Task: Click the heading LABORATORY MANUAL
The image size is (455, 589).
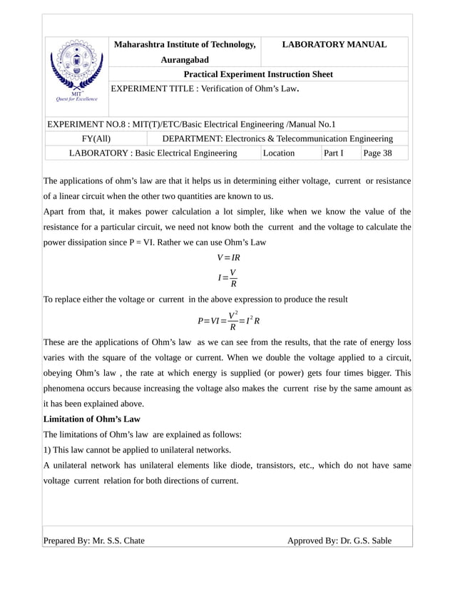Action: coord(334,45)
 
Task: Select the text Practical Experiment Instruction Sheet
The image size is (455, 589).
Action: coord(258,74)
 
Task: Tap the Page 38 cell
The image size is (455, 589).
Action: coord(377,153)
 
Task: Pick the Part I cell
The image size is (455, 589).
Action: coord(333,153)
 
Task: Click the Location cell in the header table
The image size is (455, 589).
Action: coord(279,153)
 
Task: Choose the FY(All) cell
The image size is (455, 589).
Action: coord(96,138)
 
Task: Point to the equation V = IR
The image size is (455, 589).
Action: coord(228,257)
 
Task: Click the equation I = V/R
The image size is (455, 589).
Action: coord(228,279)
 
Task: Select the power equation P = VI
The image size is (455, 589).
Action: coord(228,320)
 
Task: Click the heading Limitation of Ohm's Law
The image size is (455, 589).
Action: coord(92,419)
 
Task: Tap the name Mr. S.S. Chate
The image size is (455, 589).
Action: coord(118,541)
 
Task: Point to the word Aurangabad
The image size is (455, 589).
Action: coord(185,60)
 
